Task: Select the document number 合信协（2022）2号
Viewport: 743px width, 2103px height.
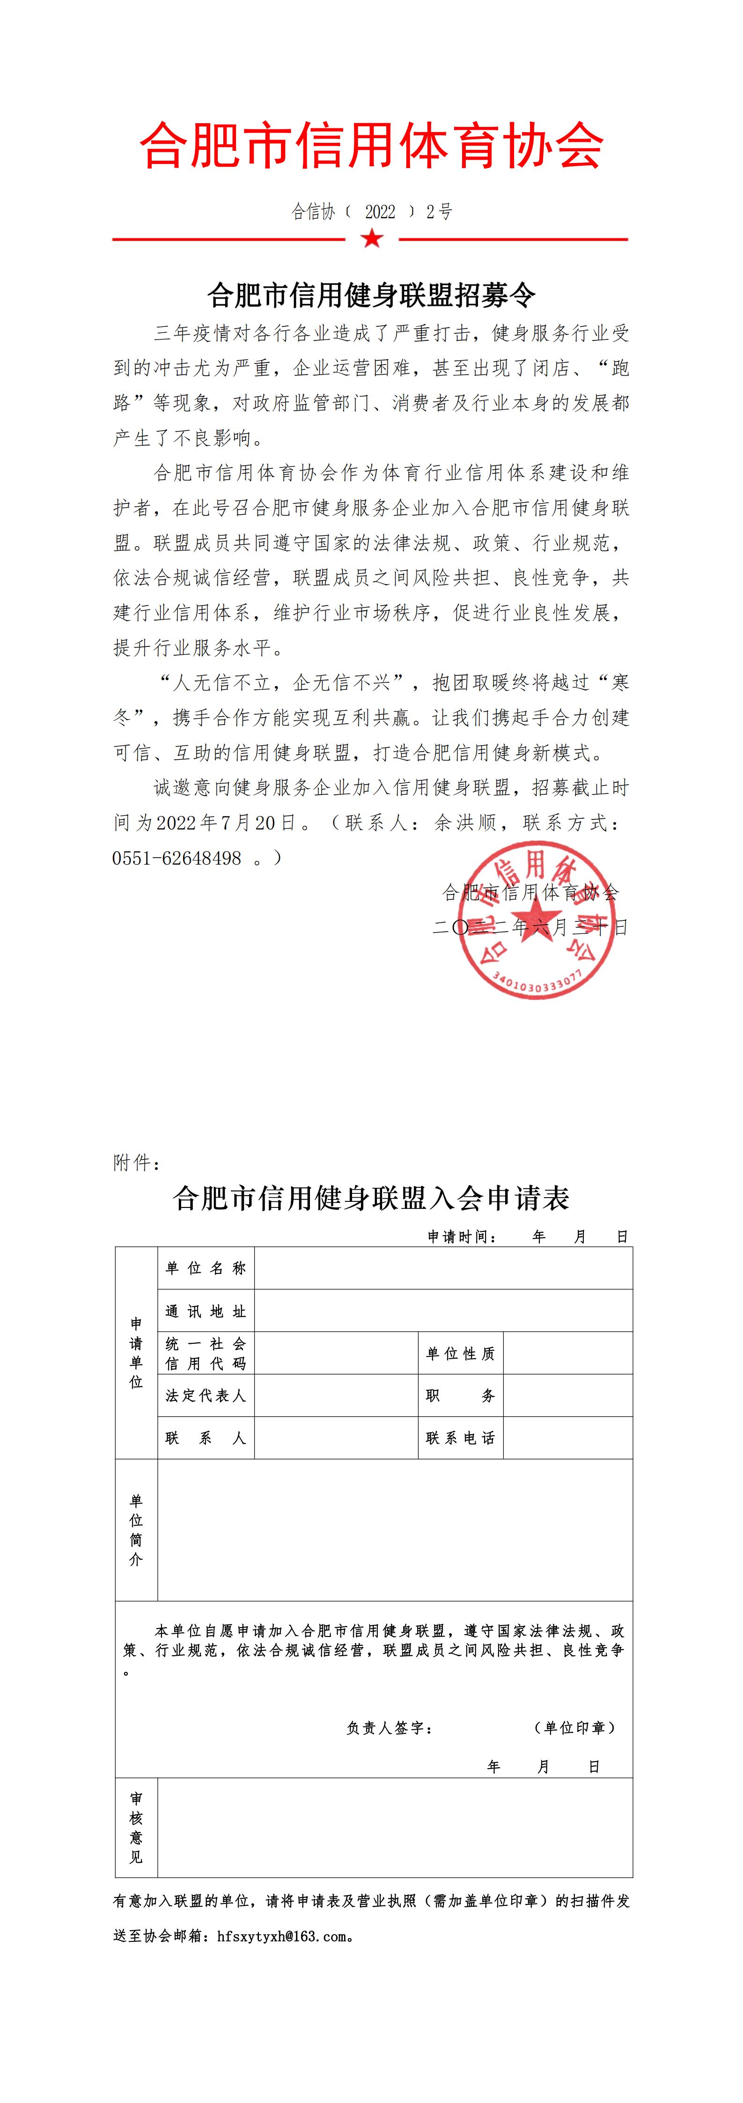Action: click(372, 212)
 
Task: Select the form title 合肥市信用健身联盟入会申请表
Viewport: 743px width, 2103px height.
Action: click(372, 1199)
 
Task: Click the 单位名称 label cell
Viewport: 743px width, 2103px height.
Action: click(206, 1268)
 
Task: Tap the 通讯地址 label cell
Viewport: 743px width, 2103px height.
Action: click(206, 1311)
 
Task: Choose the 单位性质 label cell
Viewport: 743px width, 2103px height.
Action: click(461, 1354)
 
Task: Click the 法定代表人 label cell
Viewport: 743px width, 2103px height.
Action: click(206, 1396)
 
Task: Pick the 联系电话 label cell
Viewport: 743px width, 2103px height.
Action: click(461, 1438)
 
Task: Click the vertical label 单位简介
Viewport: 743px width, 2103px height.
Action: click(136, 1530)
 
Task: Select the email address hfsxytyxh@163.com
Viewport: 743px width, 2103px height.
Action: click(282, 1936)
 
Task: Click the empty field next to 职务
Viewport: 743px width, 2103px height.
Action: click(567, 1396)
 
